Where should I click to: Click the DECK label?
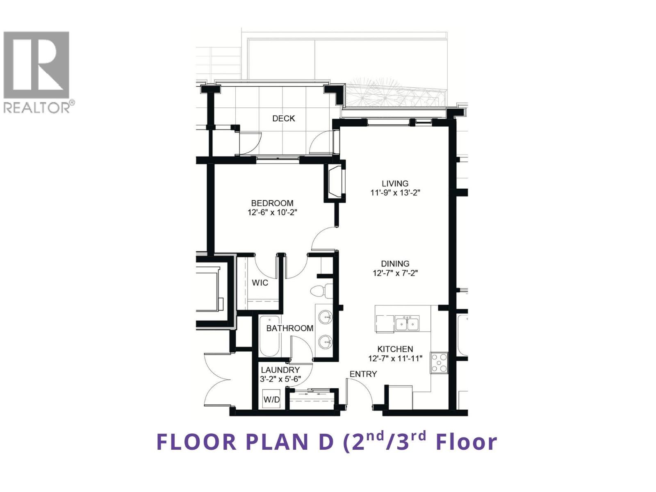[x=283, y=118]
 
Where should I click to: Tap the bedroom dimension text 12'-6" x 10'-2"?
[x=272, y=212]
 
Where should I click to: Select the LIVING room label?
[x=395, y=183]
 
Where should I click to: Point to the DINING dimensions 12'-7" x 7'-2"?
[x=395, y=273]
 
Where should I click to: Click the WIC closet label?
[x=260, y=282]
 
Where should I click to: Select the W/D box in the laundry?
[x=271, y=399]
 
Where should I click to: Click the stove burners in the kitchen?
[x=439, y=362]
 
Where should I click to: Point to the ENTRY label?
[x=363, y=374]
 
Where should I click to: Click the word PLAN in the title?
[x=278, y=442]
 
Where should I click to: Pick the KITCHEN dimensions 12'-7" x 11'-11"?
[x=395, y=359]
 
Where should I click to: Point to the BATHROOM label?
[x=289, y=328]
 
